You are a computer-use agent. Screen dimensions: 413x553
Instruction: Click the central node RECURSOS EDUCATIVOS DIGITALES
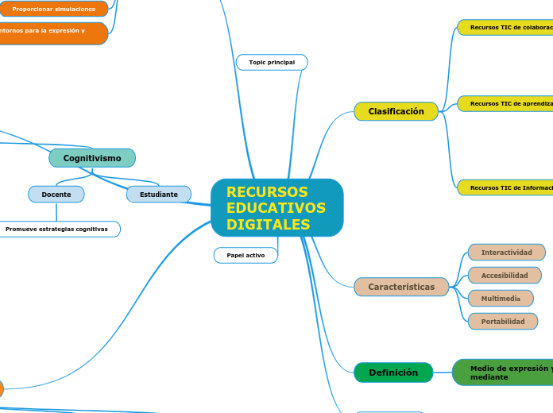[x=276, y=207]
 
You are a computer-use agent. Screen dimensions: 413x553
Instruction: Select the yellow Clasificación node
[x=396, y=112]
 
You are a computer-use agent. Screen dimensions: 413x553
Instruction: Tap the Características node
[x=401, y=287]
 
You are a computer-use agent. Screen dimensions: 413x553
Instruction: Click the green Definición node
[x=393, y=372]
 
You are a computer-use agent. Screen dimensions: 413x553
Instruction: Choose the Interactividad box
[x=506, y=253]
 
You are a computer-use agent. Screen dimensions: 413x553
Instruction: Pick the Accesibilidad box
[x=505, y=276]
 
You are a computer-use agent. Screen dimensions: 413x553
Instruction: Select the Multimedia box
[x=501, y=299]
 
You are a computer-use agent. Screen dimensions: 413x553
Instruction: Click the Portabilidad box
[x=502, y=322]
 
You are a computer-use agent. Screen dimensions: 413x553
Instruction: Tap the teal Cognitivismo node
[x=92, y=158]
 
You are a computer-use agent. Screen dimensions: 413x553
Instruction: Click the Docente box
[x=56, y=195]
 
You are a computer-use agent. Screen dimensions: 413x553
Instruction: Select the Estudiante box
[x=159, y=195]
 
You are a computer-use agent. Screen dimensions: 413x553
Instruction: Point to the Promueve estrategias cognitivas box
[x=57, y=230]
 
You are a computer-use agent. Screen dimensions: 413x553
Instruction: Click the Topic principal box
[x=272, y=62]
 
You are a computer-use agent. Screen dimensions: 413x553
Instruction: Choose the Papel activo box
[x=246, y=255]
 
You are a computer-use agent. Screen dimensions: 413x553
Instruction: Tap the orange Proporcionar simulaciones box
[x=53, y=9]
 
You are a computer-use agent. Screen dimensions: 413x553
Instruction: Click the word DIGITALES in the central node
[x=268, y=225]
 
